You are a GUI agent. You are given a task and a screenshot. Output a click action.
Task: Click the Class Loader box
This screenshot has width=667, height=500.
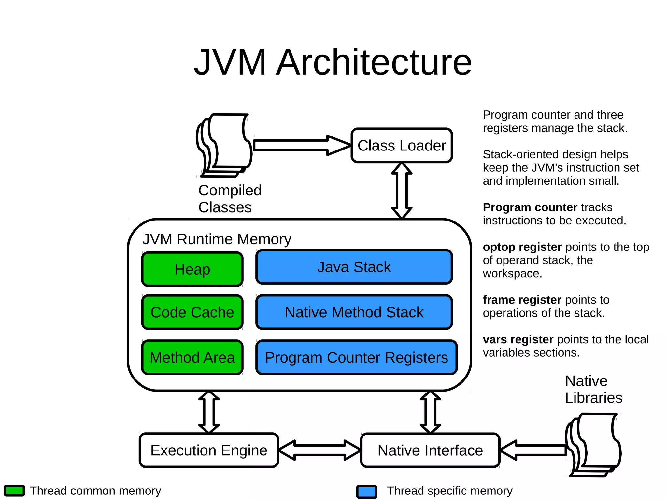402,145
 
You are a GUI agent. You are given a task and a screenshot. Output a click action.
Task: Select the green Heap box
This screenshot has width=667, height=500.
192,269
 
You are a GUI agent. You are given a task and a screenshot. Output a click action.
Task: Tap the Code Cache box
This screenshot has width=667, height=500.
192,312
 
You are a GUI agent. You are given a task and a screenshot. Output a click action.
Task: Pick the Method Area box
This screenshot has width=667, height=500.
192,357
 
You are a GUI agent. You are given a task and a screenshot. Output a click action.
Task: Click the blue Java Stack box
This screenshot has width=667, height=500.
354,267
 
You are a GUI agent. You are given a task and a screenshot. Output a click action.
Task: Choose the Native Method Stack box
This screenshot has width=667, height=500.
354,312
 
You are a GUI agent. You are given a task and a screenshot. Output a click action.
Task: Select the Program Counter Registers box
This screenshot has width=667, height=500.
356,357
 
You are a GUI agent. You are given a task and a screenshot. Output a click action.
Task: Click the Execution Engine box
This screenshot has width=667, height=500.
209,450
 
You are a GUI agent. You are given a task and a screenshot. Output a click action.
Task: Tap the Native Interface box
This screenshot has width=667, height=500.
430,450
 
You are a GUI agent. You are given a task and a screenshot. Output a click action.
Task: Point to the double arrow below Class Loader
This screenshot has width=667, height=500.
402,191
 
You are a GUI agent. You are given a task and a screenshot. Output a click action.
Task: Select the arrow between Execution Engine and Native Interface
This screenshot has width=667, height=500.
319,450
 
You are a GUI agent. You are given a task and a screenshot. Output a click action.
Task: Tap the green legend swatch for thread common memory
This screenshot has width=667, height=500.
14,491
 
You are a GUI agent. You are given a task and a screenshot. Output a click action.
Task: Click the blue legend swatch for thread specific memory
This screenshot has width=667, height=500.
367,492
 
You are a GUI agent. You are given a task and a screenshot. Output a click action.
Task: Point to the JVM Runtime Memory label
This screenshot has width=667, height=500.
217,239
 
